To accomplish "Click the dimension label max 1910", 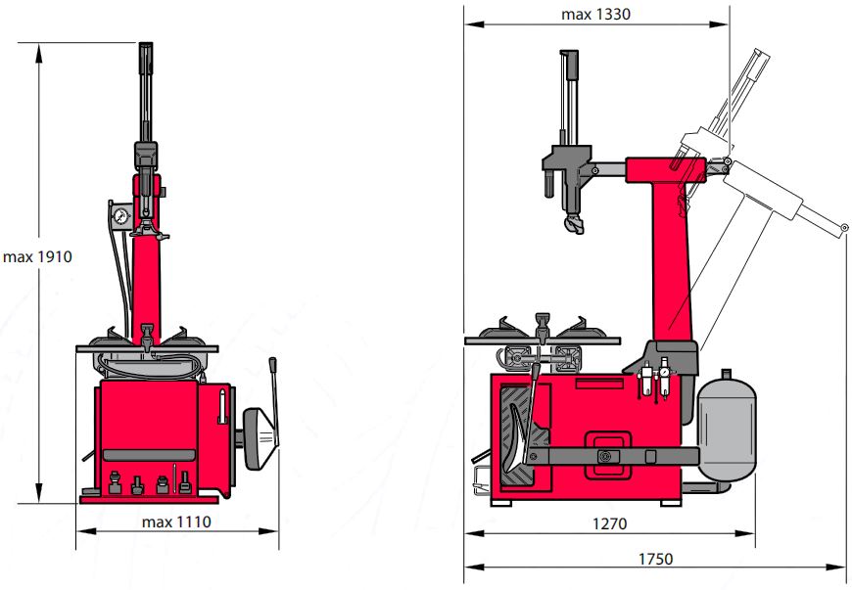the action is click(x=37, y=256).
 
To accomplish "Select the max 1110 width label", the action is click(x=176, y=522).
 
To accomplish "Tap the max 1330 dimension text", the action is click(x=595, y=14).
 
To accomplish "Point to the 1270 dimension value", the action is click(x=609, y=523).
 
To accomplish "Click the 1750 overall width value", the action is click(x=655, y=559).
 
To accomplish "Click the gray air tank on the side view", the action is click(x=727, y=429).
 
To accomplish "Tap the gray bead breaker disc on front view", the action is click(x=259, y=438).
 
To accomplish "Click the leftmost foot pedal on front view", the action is click(x=115, y=482).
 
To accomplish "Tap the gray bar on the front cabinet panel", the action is click(x=149, y=455).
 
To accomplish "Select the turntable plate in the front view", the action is click(x=147, y=348).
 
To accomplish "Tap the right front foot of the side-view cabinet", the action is click(x=671, y=503).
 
